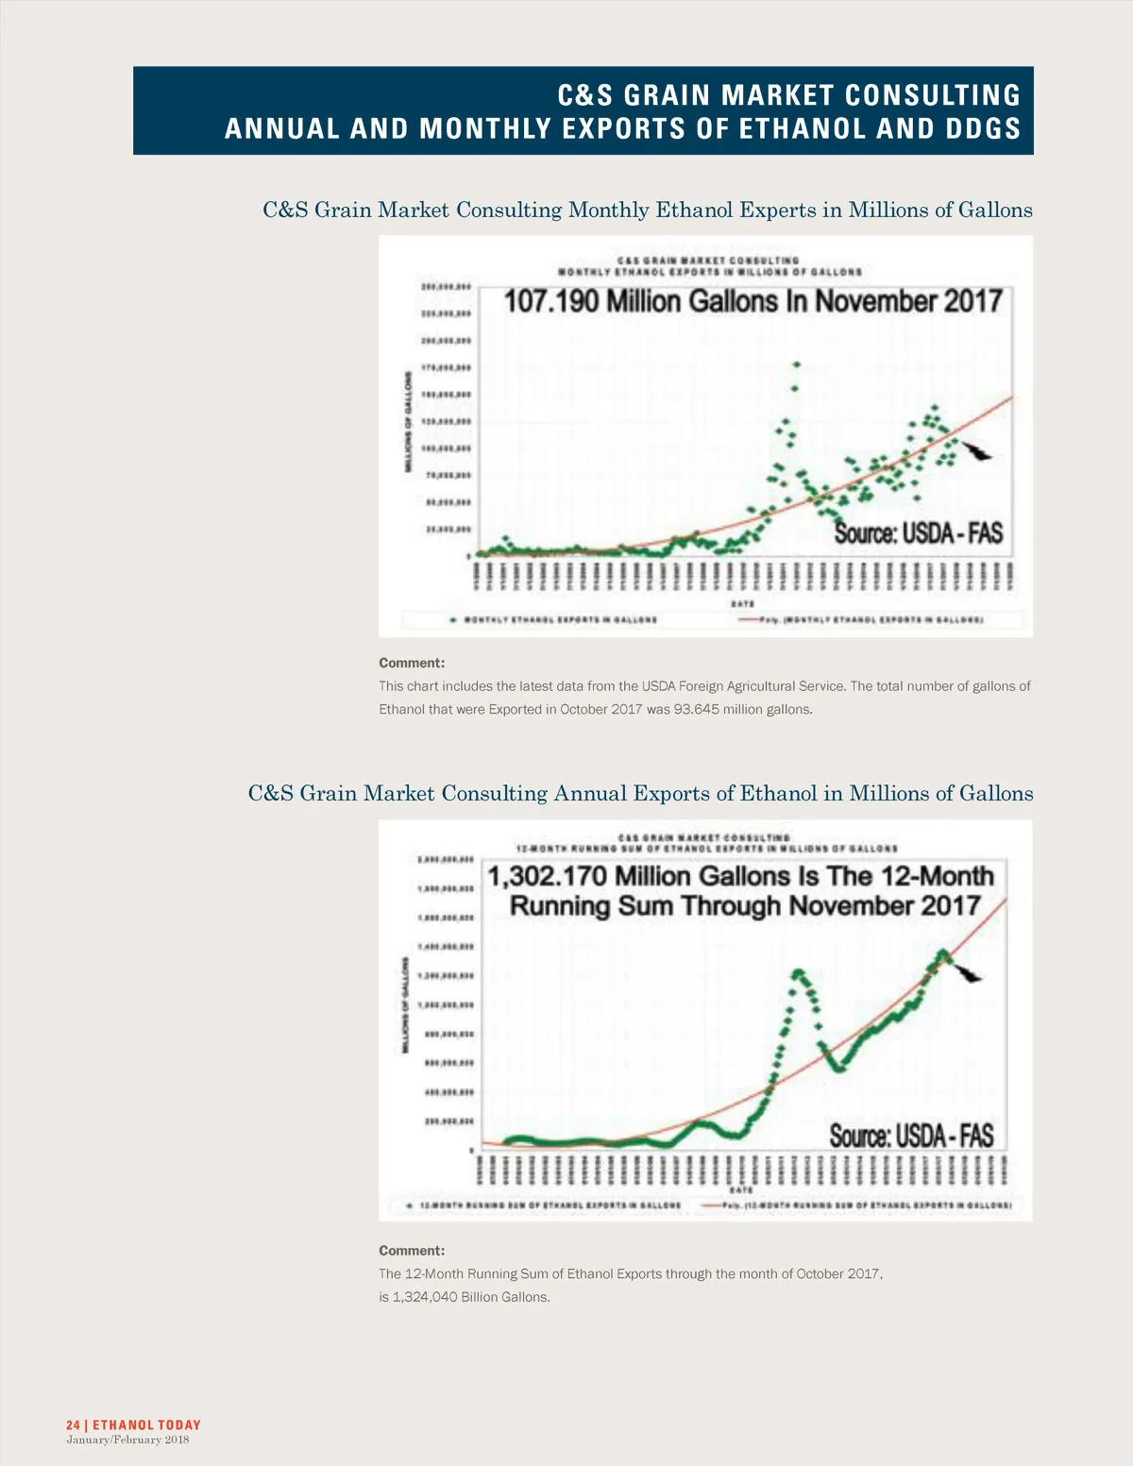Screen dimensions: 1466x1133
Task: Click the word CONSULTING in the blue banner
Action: pyautogui.click(x=932, y=95)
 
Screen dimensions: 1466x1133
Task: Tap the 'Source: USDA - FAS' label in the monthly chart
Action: pyautogui.click(x=918, y=533)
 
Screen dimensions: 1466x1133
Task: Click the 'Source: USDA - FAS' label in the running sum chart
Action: pyautogui.click(x=911, y=1135)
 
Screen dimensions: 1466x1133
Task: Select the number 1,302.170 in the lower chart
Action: pyautogui.click(x=547, y=877)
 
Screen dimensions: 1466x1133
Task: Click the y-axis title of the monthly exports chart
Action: pyautogui.click(x=409, y=422)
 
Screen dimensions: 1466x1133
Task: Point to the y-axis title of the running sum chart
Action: pyautogui.click(x=407, y=1006)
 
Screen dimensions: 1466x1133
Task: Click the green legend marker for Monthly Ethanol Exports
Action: pyautogui.click(x=454, y=620)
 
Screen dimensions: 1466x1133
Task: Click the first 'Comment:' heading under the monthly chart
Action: pyautogui.click(x=412, y=663)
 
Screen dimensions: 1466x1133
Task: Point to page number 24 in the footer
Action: pyautogui.click(x=73, y=1424)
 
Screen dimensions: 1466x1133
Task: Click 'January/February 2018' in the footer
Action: pyautogui.click(x=127, y=1440)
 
